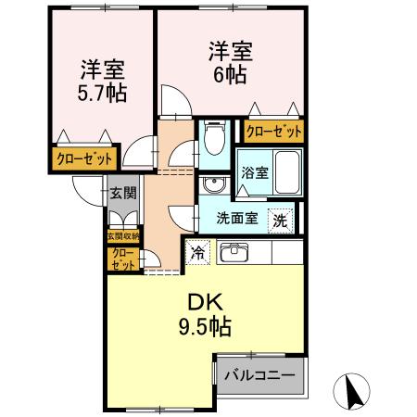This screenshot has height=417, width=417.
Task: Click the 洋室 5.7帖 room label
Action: (x=103, y=81)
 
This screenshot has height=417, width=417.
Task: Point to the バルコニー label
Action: (x=261, y=374)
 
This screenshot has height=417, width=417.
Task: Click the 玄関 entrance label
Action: (x=123, y=193)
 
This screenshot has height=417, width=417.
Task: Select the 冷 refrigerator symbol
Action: (x=197, y=251)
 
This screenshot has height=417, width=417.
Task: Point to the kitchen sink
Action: (x=233, y=250)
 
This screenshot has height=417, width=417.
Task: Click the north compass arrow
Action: (x=354, y=390)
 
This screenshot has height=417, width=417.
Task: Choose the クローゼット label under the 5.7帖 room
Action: (x=81, y=158)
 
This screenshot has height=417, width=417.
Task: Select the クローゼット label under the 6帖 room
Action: (x=273, y=131)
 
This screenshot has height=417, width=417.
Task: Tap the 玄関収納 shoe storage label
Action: (x=123, y=237)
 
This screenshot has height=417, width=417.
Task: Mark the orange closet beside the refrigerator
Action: (x=122, y=258)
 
